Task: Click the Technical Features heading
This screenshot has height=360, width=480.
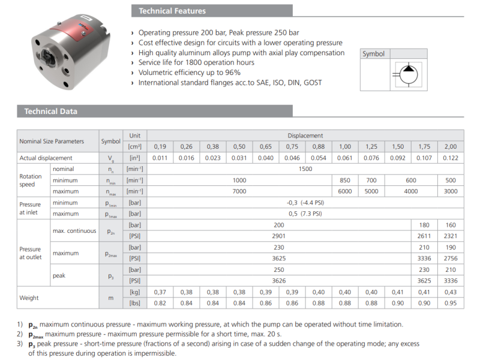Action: coord(172,11)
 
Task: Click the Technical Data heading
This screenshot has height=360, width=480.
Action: coord(51,111)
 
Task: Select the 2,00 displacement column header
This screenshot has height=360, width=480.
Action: coord(450,146)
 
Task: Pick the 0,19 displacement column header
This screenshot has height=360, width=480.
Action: coord(160,146)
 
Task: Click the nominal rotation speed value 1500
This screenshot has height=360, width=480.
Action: coord(305,169)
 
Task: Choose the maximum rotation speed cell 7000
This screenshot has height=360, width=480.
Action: coord(239,191)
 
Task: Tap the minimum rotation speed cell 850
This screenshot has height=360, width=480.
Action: coord(345,180)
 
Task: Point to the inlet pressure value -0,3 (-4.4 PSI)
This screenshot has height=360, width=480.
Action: coord(305,202)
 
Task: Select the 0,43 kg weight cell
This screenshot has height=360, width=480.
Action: coord(450,292)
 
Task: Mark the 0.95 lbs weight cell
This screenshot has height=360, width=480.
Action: coord(450,303)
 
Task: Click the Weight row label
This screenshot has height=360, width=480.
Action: coord(30,298)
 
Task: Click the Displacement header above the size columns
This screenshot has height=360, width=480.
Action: coord(305,136)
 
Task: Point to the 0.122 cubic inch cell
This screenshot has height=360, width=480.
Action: coord(450,158)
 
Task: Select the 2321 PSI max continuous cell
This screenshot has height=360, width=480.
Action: coord(450,236)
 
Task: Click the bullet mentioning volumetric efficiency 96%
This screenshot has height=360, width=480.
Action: coord(190,73)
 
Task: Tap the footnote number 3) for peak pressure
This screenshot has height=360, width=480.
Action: coord(20,344)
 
